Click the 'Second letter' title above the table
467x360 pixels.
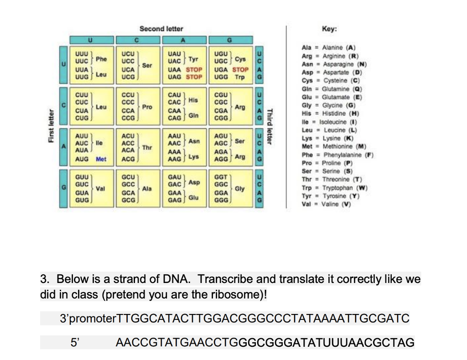[161, 29]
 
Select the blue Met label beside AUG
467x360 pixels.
[102, 159]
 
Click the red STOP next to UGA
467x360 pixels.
[240, 70]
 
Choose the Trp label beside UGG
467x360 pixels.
[239, 77]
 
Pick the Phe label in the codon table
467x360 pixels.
[101, 59]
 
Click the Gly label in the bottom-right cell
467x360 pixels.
[239, 189]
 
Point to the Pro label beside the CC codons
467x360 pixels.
[147, 107]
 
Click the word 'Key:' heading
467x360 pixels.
[329, 29]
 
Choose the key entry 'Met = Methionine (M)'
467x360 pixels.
[332, 146]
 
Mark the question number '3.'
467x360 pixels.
[46, 279]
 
